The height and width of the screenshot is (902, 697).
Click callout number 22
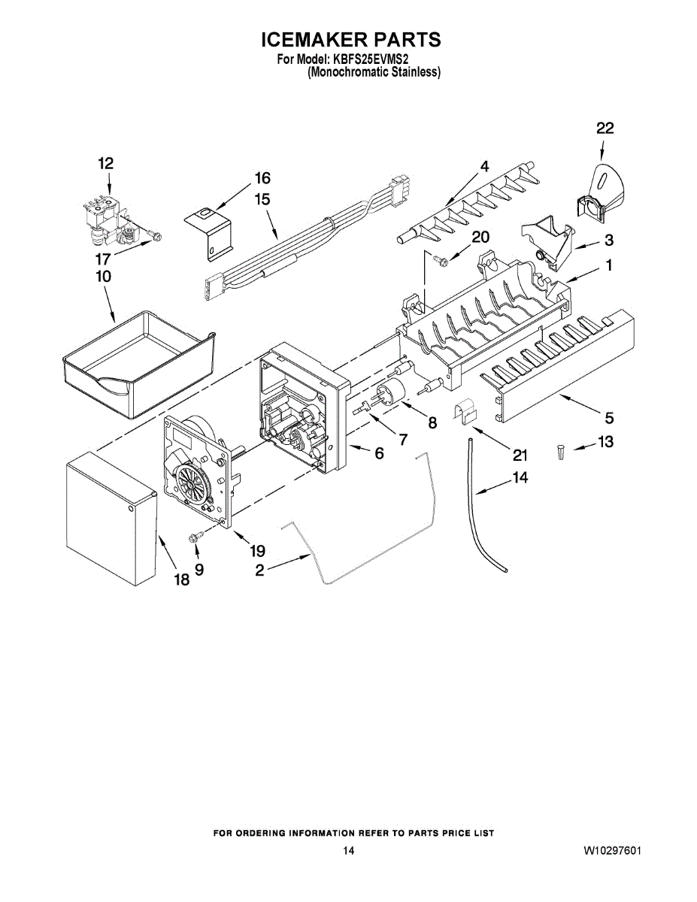pyautogui.click(x=605, y=129)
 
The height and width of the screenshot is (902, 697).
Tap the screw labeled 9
pyautogui.click(x=195, y=537)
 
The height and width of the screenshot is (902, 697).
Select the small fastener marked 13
pyautogui.click(x=560, y=453)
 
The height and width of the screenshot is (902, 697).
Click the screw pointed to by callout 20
pyautogui.click(x=444, y=260)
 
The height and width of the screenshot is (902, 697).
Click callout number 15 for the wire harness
pyautogui.click(x=262, y=200)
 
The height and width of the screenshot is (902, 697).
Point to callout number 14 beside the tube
pyautogui.click(x=520, y=477)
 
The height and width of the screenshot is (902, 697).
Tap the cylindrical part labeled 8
pyautogui.click(x=393, y=395)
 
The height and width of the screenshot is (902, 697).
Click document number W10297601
pyautogui.click(x=612, y=851)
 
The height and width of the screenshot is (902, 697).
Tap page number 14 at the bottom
pyautogui.click(x=348, y=851)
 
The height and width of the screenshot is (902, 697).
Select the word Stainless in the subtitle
pyautogui.click(x=414, y=72)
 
